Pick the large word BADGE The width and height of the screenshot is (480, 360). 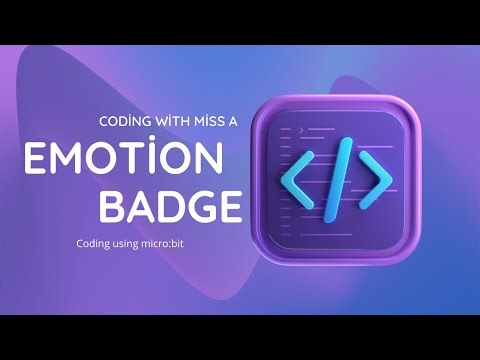coord(172,208)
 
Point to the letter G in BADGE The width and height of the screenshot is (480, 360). coord(200,208)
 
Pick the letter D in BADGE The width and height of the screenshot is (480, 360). coord(170,208)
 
